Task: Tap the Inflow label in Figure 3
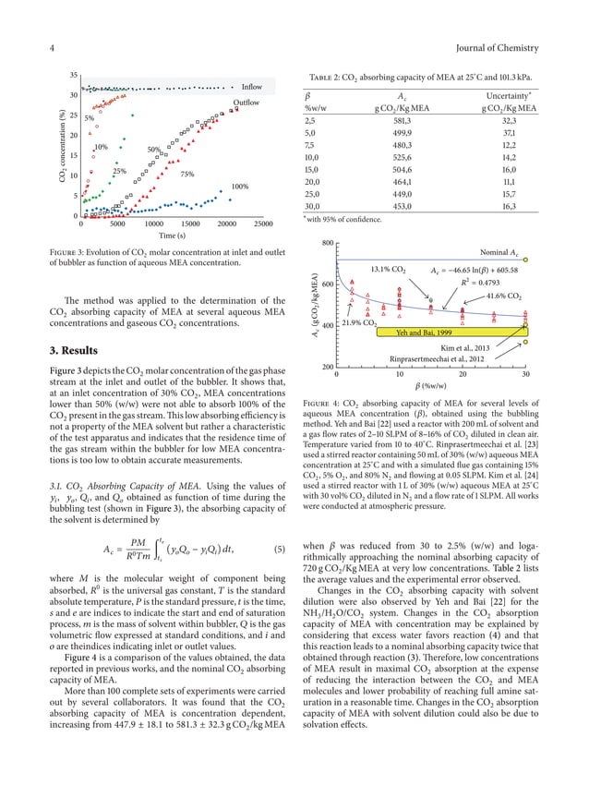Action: click(x=252, y=87)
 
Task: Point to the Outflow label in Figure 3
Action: click(x=246, y=103)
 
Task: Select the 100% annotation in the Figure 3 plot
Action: click(x=240, y=187)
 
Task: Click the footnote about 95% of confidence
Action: click(x=343, y=219)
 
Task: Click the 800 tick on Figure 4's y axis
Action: click(x=327, y=243)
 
